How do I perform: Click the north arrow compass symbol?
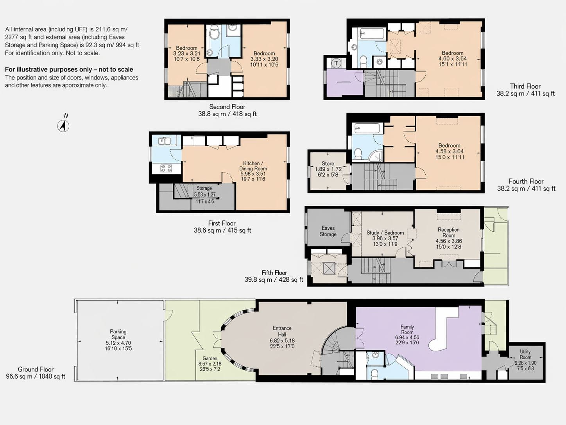pyautogui.click(x=63, y=126)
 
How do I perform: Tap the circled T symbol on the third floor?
pyautogui.click(x=336, y=63)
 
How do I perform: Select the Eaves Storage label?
pyautogui.click(x=328, y=231)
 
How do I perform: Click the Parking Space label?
pyautogui.click(x=118, y=334)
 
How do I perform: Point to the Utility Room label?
pyautogui.click(x=525, y=354)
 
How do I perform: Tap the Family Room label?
pyautogui.click(x=407, y=329)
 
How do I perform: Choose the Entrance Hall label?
pyautogui.click(x=282, y=331)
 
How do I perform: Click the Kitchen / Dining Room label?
pyautogui.click(x=253, y=166)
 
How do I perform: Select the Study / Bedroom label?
pyautogui.click(x=385, y=232)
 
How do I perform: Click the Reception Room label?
pyautogui.click(x=449, y=232)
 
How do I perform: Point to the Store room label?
pyautogui.click(x=328, y=163)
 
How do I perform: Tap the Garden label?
pyautogui.click(x=210, y=358)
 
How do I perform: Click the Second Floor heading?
pyautogui.click(x=227, y=106)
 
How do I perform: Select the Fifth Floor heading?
pyautogui.click(x=274, y=273)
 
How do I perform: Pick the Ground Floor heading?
pyautogui.click(x=36, y=369)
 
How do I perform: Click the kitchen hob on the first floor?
pyautogui.click(x=166, y=168)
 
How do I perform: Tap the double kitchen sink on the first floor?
pyautogui.click(x=164, y=141)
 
